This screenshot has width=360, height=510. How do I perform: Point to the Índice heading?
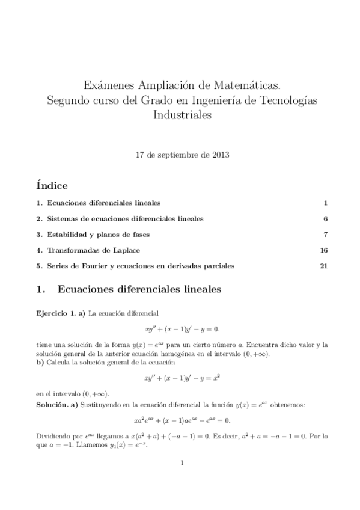coord(52,185)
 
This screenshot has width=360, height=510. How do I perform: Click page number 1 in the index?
coord(325,203)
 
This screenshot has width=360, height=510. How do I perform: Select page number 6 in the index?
coord(325,218)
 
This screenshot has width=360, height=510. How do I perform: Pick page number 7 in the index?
coord(325,234)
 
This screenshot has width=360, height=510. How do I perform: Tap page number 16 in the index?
coord(323,250)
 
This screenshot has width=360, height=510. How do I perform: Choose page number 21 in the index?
coord(323,265)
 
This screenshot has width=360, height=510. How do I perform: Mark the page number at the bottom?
coord(180,462)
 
